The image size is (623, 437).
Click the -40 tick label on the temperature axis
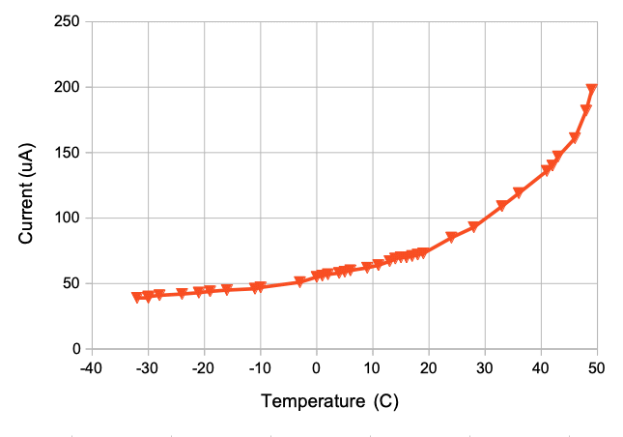90,368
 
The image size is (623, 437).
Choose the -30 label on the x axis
146,368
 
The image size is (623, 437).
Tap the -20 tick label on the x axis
203,368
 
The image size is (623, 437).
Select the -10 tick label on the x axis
259,368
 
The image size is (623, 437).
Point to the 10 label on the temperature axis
372,368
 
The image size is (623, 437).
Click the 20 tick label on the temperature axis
428,368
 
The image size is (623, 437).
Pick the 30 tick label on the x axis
484,368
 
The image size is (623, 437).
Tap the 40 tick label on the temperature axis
541,368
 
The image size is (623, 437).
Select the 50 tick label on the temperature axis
597,368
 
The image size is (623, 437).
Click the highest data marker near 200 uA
591,90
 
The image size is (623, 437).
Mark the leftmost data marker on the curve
137,297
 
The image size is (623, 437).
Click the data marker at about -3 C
299,282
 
